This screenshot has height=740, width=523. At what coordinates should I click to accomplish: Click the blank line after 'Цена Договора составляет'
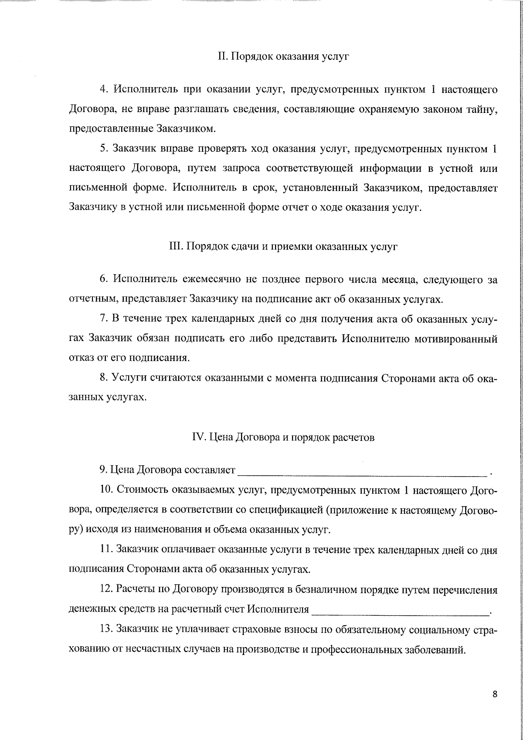pyautogui.click(x=362, y=471)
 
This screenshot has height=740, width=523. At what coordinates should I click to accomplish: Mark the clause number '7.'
pyautogui.click(x=104, y=319)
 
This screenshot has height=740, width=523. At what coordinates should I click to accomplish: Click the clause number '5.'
pyautogui.click(x=104, y=149)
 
